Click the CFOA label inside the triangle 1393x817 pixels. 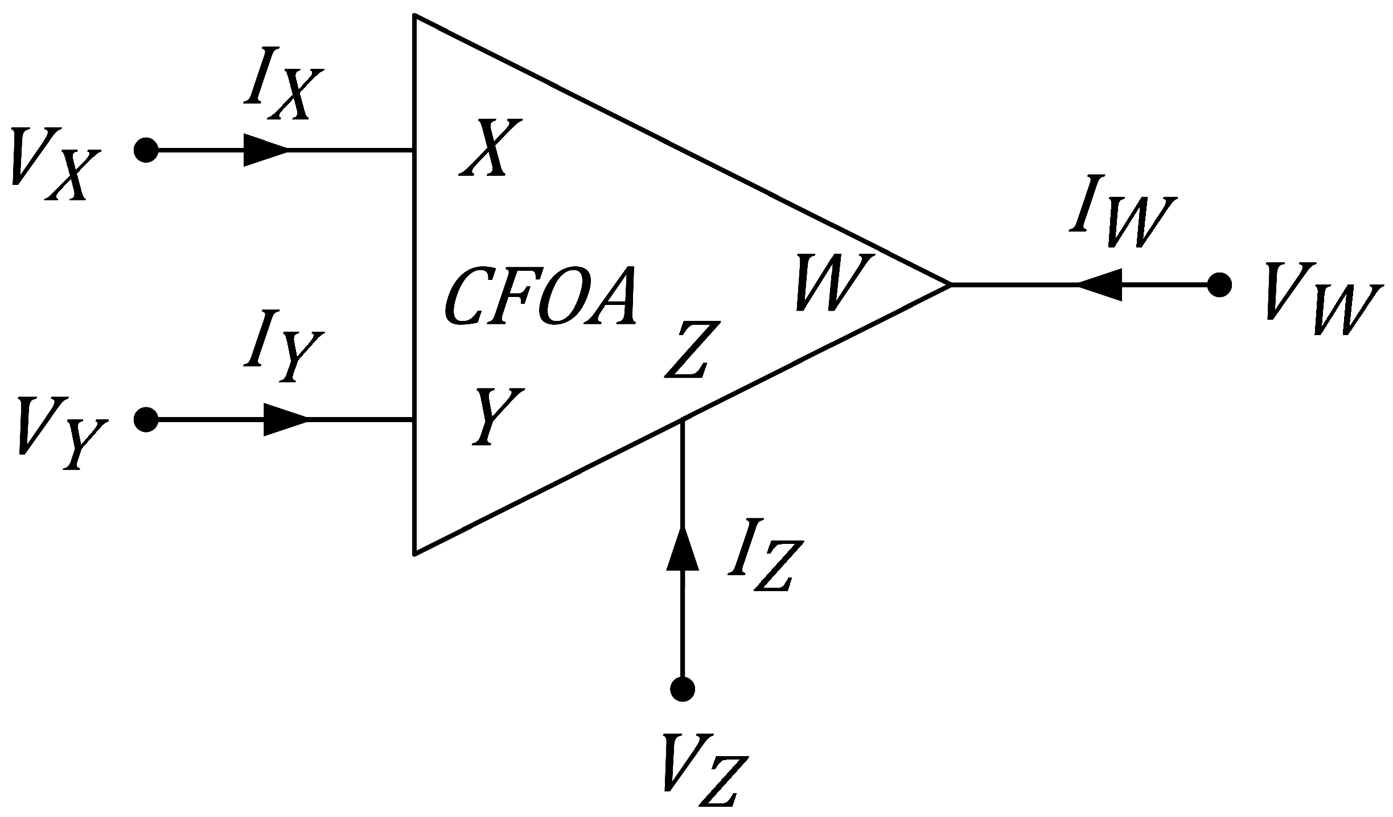tap(540, 298)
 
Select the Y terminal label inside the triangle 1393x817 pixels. tap(496, 416)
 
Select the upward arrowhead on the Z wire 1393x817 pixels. tap(682, 550)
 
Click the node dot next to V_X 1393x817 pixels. tap(146, 150)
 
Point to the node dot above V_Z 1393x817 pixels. tap(682, 689)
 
